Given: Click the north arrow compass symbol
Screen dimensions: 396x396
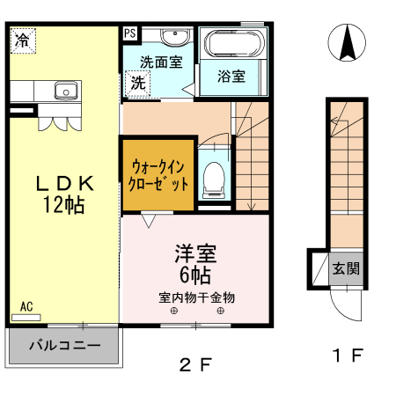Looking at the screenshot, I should (346, 42).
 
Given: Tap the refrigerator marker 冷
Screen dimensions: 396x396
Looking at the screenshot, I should (23, 40).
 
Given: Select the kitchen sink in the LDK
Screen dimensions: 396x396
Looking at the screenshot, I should (64, 90).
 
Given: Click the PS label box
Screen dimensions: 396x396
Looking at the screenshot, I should (130, 33).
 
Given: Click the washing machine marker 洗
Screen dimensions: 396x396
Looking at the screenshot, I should (138, 84).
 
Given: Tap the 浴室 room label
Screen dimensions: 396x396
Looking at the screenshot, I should (231, 77).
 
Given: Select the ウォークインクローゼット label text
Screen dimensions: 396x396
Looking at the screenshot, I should (159, 175).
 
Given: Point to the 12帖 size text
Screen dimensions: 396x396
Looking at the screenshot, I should (63, 206).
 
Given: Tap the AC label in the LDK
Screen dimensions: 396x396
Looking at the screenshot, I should (26, 306).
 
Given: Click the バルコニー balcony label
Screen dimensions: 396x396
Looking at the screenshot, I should (63, 344).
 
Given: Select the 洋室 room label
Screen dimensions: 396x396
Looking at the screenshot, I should (195, 253).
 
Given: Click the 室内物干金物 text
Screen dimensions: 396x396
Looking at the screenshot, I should (196, 296).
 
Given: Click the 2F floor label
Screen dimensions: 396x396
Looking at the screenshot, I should (196, 363).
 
